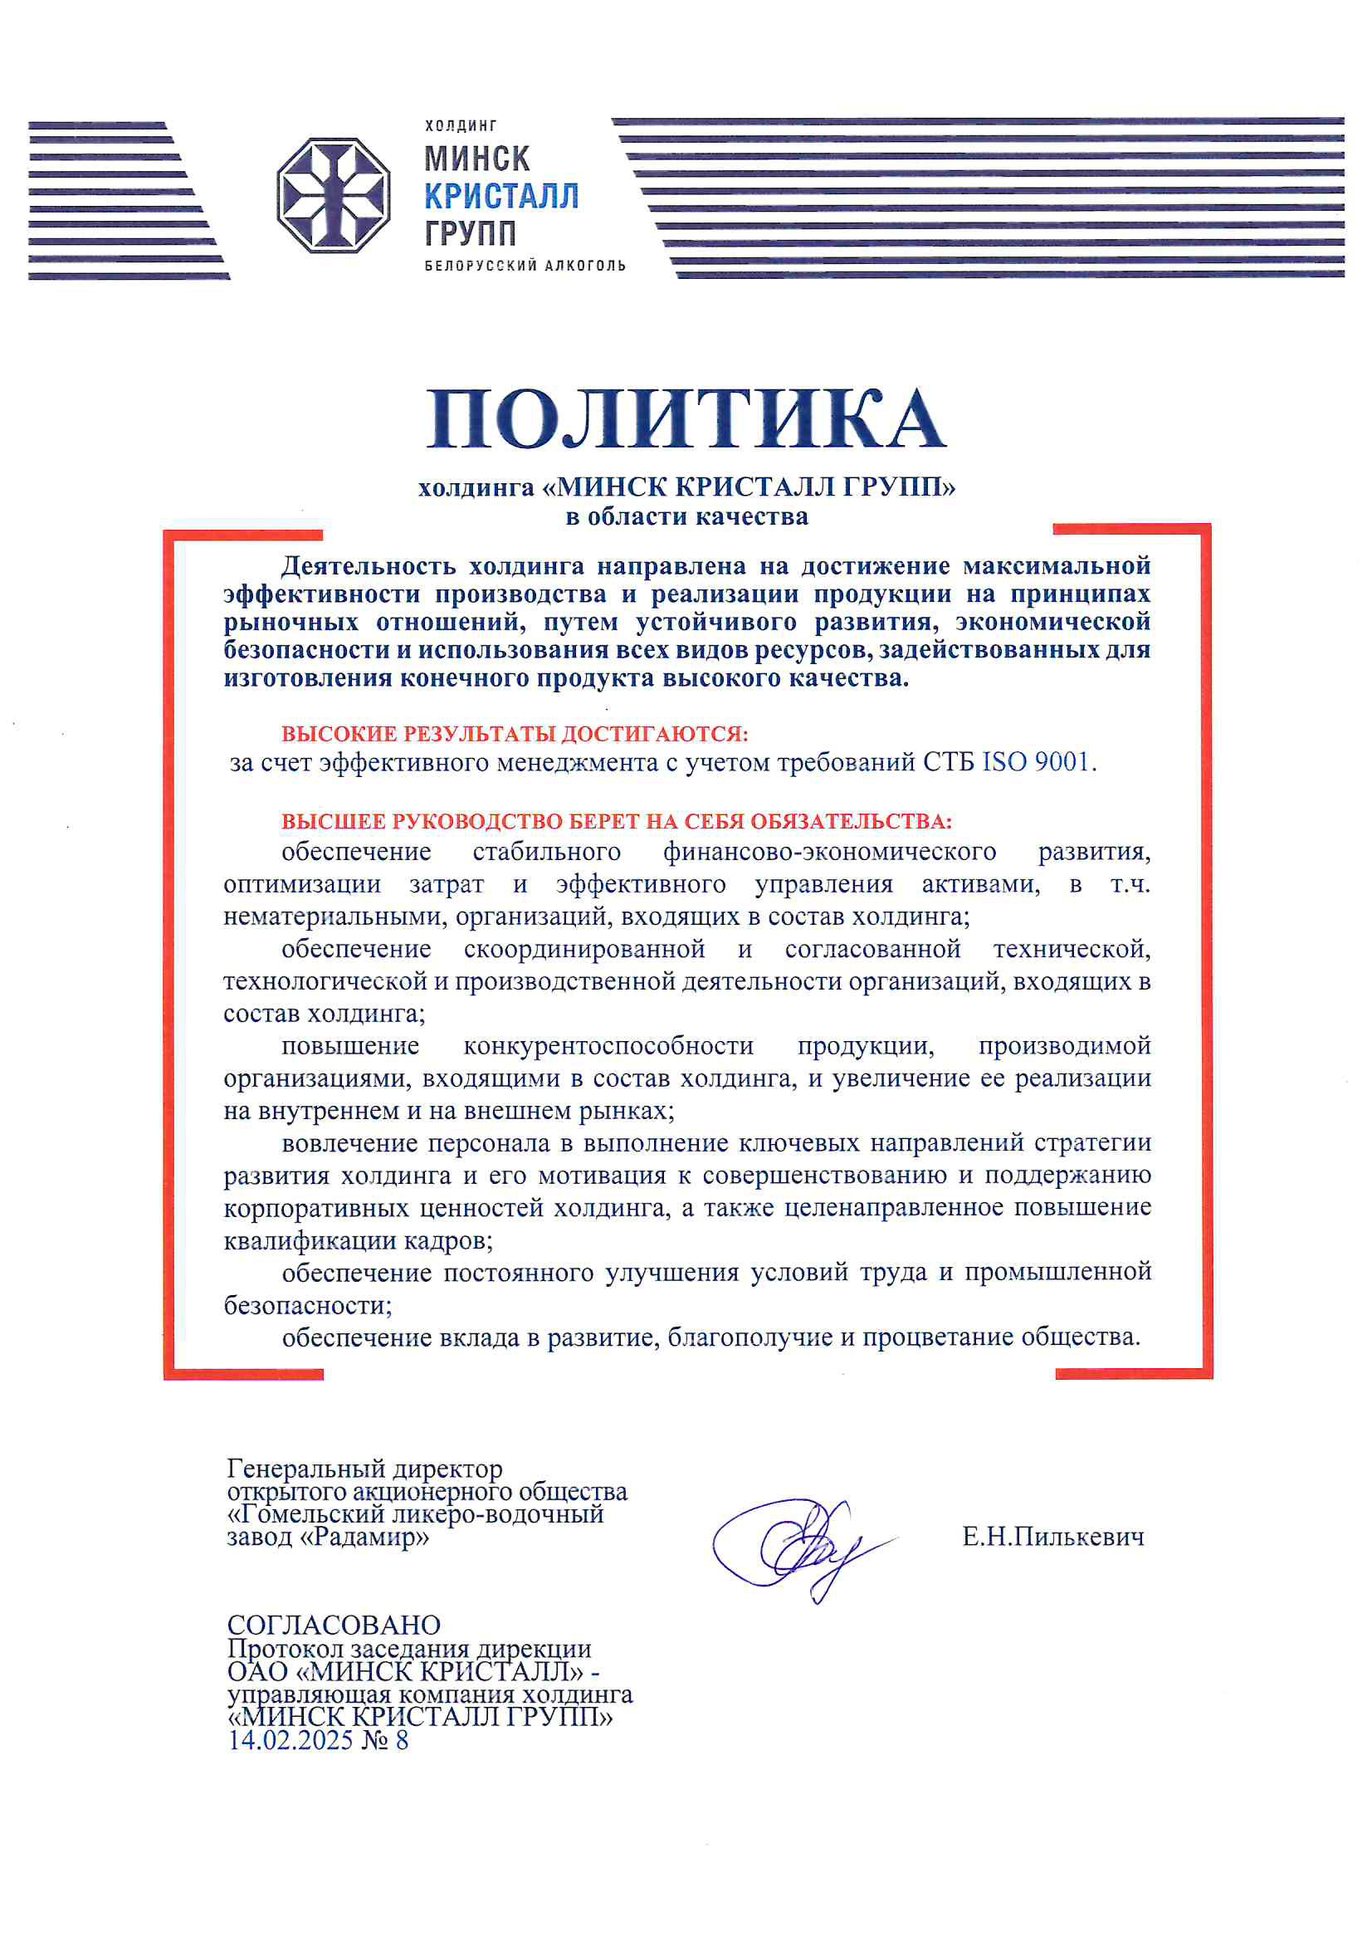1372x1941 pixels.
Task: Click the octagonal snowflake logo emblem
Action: pos(333,195)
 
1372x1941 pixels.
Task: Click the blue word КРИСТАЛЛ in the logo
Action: pos(500,196)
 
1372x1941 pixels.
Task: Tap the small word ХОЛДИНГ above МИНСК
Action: pos(461,126)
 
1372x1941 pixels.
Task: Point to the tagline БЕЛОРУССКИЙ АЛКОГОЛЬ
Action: pos(525,266)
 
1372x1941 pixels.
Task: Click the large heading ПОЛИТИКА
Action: pos(686,419)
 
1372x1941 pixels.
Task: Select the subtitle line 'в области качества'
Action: pos(686,516)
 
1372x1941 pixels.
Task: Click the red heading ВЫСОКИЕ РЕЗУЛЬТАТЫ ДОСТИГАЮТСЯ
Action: pos(515,733)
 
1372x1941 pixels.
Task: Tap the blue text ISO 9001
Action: pos(1036,762)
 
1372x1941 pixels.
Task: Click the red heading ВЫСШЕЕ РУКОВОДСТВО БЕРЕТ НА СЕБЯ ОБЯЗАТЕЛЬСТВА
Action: pos(616,821)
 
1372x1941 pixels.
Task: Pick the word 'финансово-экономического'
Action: pos(829,852)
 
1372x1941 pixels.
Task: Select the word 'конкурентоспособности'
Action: pos(608,1047)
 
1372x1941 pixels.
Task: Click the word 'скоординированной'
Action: pos(584,950)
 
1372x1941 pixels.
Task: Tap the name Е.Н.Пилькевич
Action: pos(1052,1537)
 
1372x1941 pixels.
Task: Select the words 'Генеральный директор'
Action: pos(364,1469)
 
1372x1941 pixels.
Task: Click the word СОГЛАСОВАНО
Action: pos(334,1625)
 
